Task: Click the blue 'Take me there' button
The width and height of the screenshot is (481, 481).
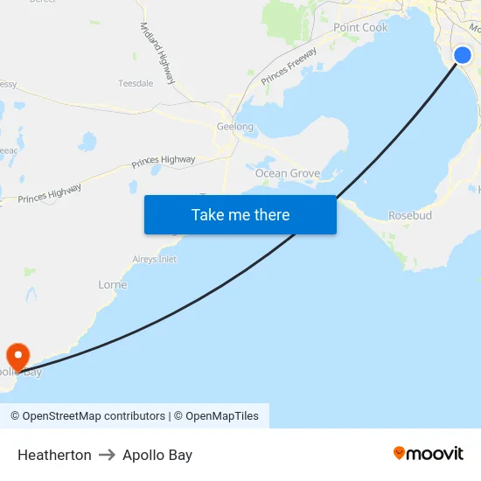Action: pos(240,214)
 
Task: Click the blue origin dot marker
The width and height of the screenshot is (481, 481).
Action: pos(463,56)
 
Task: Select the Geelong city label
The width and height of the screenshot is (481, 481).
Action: pos(234,127)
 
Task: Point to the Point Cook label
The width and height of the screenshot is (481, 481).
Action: pos(360,28)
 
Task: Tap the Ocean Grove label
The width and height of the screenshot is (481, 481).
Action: pos(287,173)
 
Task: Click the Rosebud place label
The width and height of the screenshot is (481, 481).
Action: pos(410,215)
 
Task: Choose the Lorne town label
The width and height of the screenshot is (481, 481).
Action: pos(112,285)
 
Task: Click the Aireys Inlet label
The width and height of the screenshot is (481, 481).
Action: pos(154,260)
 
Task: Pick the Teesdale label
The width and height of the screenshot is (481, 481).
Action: pos(136,84)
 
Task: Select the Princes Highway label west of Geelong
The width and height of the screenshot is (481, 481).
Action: pos(164,161)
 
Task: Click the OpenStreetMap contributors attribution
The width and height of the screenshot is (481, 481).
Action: pos(87,416)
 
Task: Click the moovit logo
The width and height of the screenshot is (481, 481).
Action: pos(429,453)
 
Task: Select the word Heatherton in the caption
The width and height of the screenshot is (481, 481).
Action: pos(54,455)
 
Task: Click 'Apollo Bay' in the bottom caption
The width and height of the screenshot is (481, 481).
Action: pos(157,455)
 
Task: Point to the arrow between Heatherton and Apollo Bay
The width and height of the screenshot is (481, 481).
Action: pos(107,455)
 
